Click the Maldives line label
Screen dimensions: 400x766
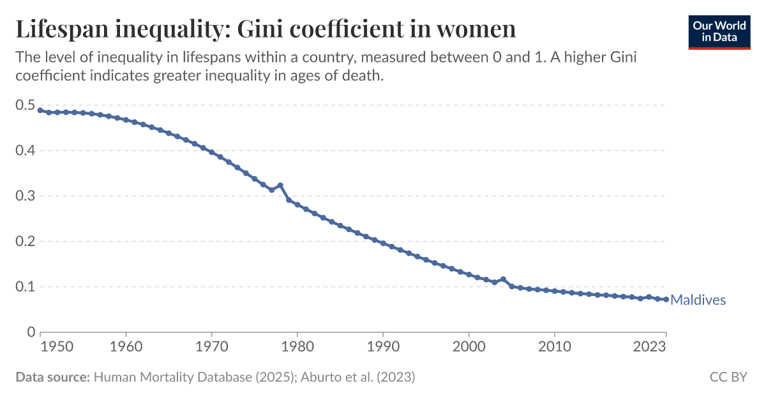tap(698, 300)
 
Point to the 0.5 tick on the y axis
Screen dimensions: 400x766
tap(25, 105)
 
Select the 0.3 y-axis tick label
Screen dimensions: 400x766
tap(25, 196)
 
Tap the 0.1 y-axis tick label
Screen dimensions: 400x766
tap(25, 286)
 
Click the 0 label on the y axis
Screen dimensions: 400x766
tap(31, 332)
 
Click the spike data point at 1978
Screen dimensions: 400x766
tap(280, 186)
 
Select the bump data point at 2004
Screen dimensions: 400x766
tap(503, 279)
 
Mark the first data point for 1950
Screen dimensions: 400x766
tap(40, 110)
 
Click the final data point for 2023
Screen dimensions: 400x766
tap(666, 299)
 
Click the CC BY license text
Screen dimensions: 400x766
tap(728, 377)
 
